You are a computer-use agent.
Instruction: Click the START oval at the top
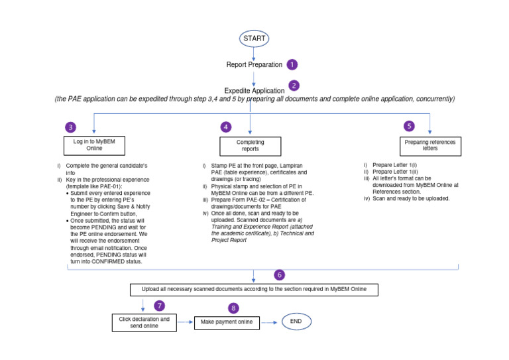click(x=254, y=38)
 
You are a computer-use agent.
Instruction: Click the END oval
click(x=296, y=322)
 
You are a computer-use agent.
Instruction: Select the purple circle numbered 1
click(x=292, y=64)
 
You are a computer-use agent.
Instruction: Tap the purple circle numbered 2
click(x=294, y=86)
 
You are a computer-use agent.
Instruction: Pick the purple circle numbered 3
click(x=71, y=127)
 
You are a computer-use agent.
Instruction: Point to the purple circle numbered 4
click(x=226, y=127)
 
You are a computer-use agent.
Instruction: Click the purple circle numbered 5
click(x=409, y=125)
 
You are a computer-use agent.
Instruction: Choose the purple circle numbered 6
click(x=280, y=274)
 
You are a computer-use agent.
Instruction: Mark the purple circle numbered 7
click(x=159, y=306)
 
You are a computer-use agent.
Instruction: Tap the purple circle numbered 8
click(x=233, y=308)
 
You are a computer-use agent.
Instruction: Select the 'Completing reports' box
click(x=250, y=146)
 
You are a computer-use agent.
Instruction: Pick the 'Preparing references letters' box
click(x=429, y=145)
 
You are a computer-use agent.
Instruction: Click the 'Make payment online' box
click(x=225, y=323)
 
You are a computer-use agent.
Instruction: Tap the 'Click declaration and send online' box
click(x=144, y=323)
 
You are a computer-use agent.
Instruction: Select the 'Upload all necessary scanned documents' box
click(x=254, y=290)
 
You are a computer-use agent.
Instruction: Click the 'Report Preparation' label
click(x=254, y=65)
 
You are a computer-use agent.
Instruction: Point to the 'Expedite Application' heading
click(x=254, y=90)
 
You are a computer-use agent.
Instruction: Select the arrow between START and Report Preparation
click(x=254, y=53)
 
